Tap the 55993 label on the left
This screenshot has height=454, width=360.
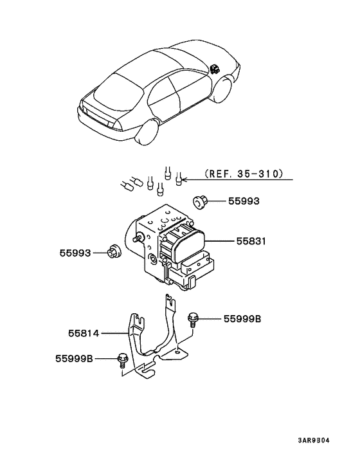[x=76, y=253]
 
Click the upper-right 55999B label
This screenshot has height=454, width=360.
[x=242, y=318]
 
